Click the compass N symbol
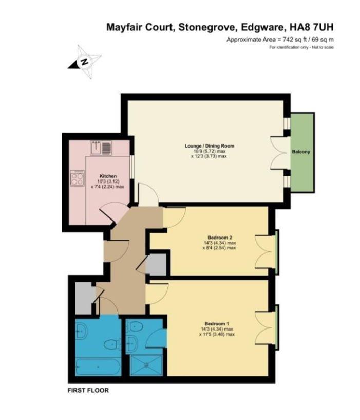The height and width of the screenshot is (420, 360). pyautogui.click(x=85, y=62)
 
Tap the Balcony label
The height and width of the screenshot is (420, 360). pyautogui.click(x=301, y=152)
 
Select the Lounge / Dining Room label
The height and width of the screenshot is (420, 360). pyautogui.click(x=210, y=146)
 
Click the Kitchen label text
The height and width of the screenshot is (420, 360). pyautogui.click(x=108, y=176)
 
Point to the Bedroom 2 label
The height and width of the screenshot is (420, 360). pyautogui.click(x=220, y=238)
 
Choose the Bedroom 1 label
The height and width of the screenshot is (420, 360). pyautogui.click(x=217, y=323)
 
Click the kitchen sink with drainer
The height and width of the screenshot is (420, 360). pyautogui.click(x=101, y=148)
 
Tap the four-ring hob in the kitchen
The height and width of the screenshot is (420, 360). pyautogui.click(x=77, y=178)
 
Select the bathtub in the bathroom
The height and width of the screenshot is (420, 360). pyautogui.click(x=98, y=367)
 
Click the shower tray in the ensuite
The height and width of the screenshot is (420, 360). pyautogui.click(x=146, y=365)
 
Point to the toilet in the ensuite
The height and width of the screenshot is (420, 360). pyautogui.click(x=136, y=326)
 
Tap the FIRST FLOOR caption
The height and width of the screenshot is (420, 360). pyautogui.click(x=88, y=390)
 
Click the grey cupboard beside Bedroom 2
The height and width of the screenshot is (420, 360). pyautogui.click(x=156, y=264)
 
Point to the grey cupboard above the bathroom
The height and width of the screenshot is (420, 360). pyautogui.click(x=84, y=298)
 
